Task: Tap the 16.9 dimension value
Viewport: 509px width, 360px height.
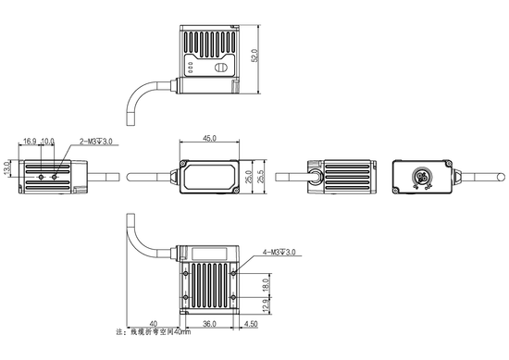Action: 30,142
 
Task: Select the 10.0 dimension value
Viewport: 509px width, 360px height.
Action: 48,142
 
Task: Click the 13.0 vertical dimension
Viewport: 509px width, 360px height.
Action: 7,172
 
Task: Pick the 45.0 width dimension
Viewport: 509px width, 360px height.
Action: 208,138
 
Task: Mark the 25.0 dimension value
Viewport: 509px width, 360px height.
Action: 248,176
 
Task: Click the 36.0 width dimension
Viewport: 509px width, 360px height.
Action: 209,324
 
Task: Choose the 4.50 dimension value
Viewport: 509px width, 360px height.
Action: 253,324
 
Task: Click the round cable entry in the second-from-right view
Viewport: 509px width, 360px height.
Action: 316,176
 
